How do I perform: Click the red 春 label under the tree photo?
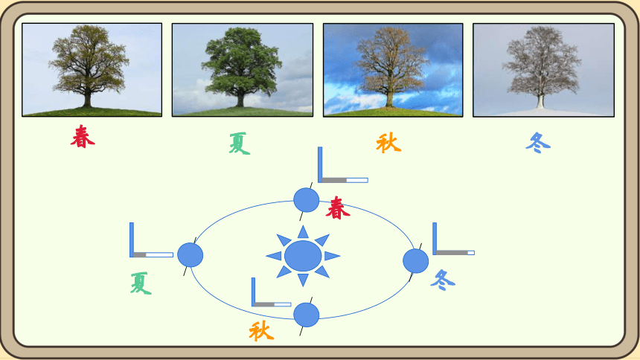point(83,136)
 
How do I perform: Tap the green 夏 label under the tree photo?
point(239,144)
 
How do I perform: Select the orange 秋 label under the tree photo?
point(388,143)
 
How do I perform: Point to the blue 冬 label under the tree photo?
point(538,143)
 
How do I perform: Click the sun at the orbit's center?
point(303,256)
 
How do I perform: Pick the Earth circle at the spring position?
point(306,200)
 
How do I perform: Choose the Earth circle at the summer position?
point(191,255)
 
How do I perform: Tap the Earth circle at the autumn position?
point(306,315)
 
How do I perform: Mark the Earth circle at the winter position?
point(415,261)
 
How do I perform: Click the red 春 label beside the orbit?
point(338,208)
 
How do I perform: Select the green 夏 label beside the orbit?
point(141,283)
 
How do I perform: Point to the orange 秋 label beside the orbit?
point(261,330)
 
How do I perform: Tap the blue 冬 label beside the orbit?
point(443,280)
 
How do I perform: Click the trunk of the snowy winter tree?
point(541,100)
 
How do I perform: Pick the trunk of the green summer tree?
point(240,99)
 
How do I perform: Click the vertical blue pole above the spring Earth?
point(320,164)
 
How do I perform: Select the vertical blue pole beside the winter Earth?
point(435,239)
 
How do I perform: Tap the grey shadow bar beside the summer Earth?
point(140,254)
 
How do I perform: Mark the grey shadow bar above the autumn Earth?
point(264,304)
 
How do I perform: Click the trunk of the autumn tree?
point(390,99)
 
